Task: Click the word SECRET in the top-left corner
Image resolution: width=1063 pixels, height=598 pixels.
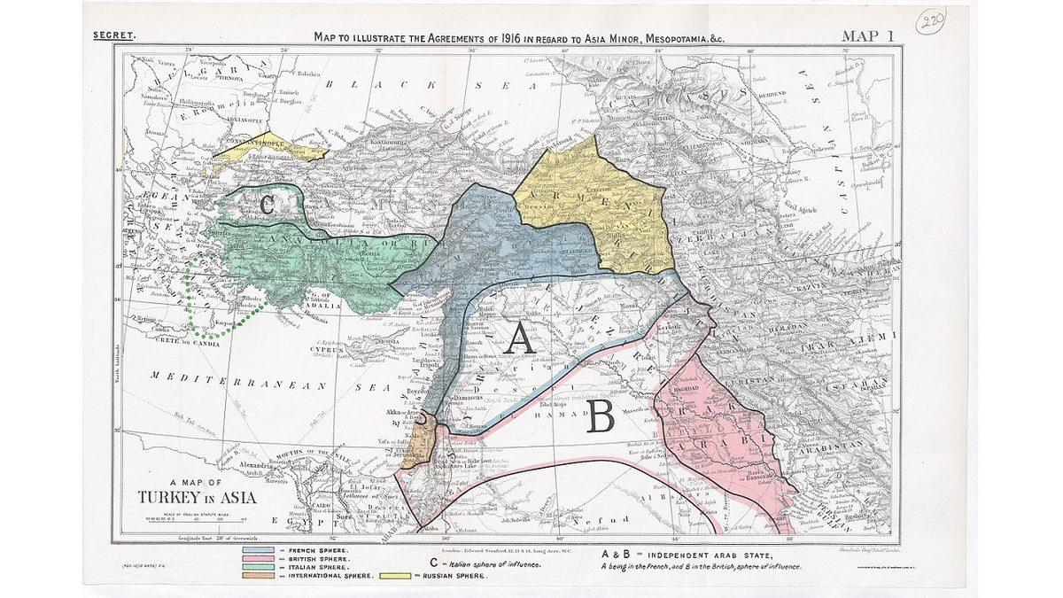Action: (113, 36)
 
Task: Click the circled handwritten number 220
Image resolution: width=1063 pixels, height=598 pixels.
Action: (931, 20)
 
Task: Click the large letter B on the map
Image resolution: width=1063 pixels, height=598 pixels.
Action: (600, 416)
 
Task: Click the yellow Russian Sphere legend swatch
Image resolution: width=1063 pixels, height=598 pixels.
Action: (394, 576)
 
